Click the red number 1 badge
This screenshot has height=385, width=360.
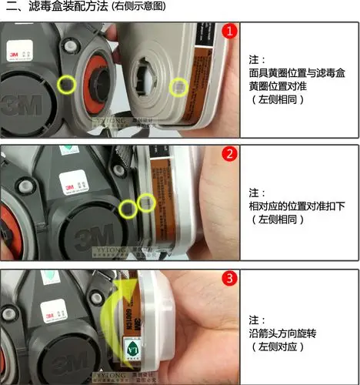pos(229,32)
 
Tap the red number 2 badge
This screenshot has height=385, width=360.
pos(229,154)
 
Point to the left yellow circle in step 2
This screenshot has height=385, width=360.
pos(128,207)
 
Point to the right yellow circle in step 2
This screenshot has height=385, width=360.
pos(146,203)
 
